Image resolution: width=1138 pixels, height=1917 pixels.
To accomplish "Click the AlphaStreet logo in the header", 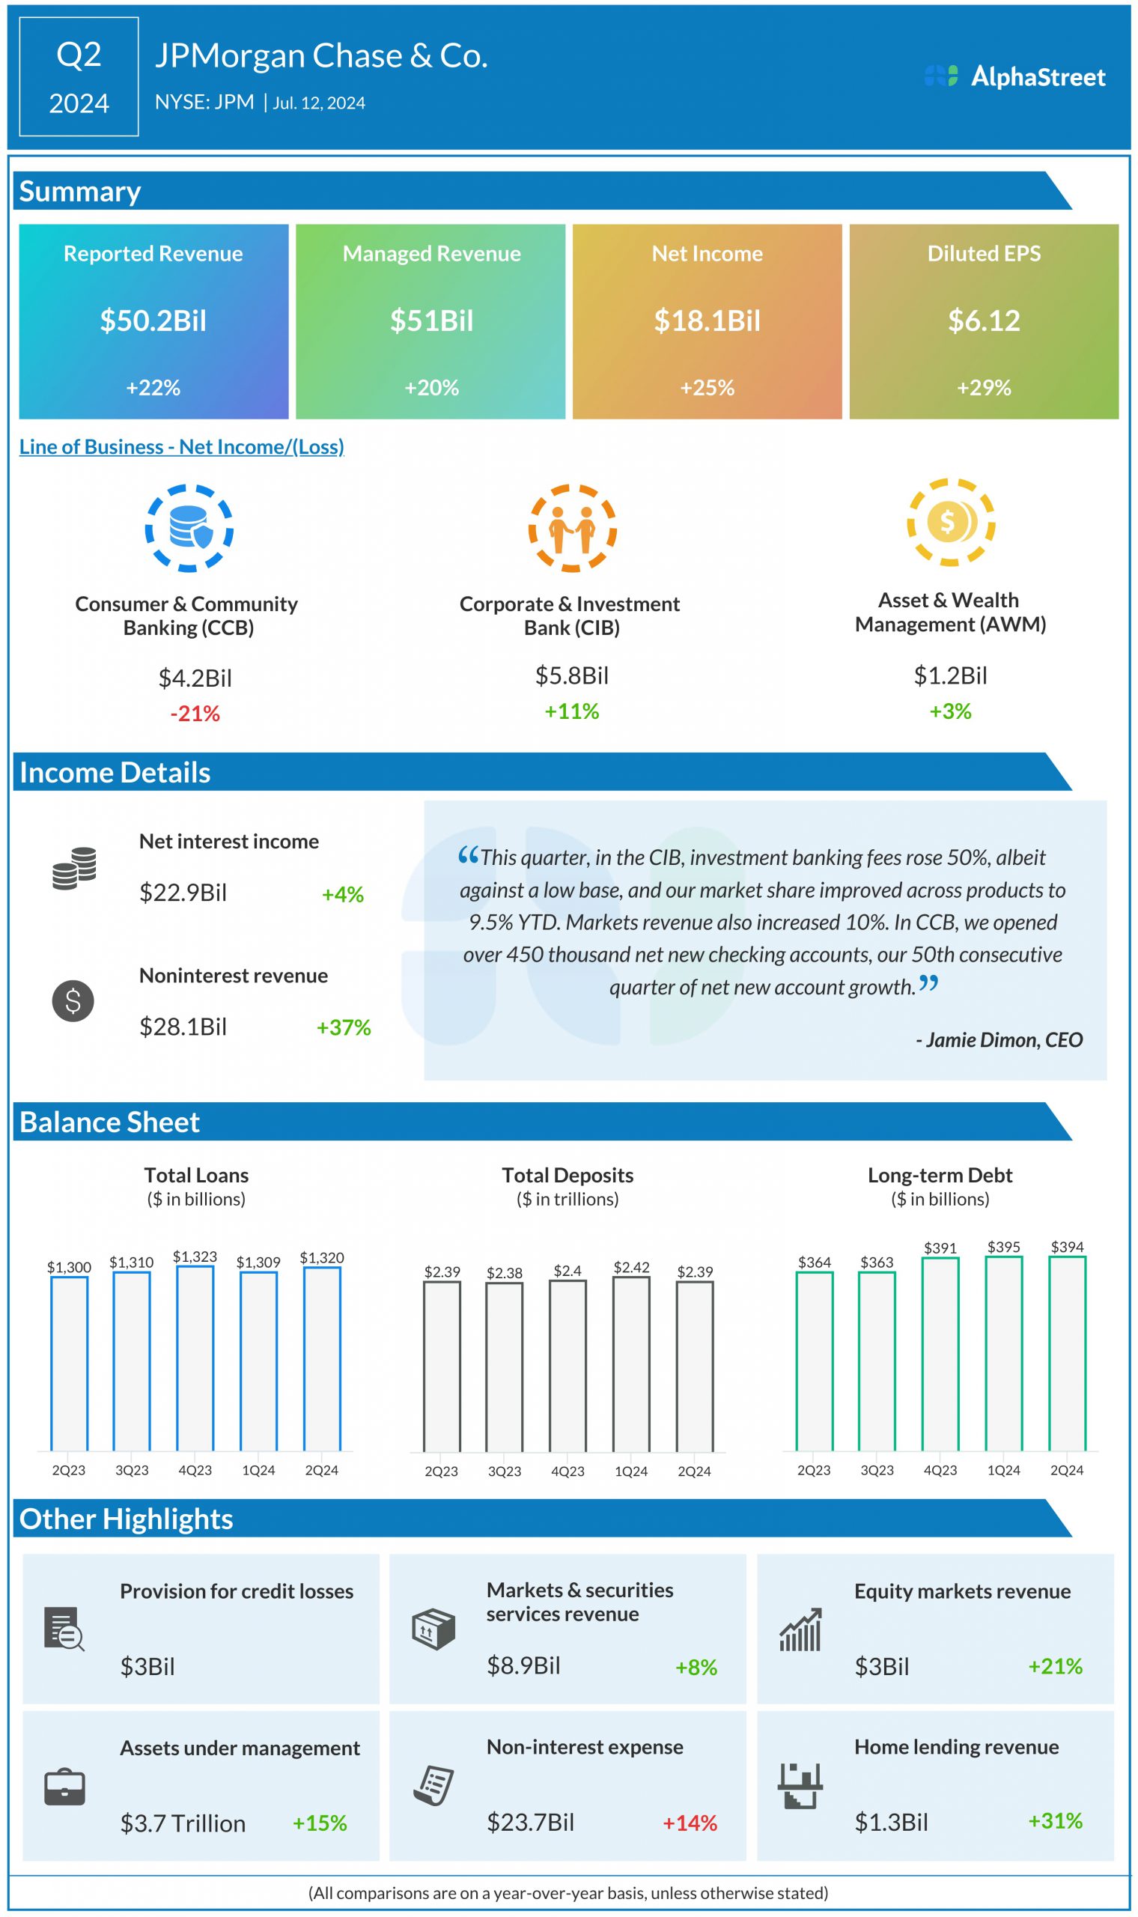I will [1014, 76].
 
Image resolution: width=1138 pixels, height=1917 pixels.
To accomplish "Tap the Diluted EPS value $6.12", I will [983, 320].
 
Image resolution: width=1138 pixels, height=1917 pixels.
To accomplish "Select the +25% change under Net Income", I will [706, 387].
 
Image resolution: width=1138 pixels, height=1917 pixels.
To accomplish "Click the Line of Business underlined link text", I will [182, 446].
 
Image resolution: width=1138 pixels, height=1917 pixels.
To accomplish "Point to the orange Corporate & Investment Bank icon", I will [572, 529].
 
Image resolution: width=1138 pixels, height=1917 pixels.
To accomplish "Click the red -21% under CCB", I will [195, 713].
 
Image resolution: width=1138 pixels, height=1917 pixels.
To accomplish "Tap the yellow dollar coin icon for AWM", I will [950, 522].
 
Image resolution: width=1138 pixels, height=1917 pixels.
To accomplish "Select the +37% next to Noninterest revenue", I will [344, 1027].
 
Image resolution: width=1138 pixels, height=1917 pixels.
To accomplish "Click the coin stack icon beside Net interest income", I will [74, 868].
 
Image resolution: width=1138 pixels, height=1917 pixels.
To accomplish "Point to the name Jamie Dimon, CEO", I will [999, 1040].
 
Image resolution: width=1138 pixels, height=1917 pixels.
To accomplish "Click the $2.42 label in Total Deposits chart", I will [631, 1267].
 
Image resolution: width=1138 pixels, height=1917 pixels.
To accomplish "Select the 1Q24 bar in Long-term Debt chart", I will [1003, 1353].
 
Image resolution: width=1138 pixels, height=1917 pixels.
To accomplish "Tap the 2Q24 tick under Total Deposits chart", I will [694, 1471].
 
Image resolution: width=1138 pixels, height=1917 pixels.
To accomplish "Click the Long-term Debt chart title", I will [940, 1175].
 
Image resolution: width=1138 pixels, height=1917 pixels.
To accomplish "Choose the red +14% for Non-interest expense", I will [690, 1823].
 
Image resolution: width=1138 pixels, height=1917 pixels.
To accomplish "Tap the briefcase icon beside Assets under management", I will [64, 1787].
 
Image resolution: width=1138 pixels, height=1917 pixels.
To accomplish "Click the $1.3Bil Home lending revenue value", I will [891, 1822].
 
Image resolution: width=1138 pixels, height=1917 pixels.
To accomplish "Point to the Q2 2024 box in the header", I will [79, 76].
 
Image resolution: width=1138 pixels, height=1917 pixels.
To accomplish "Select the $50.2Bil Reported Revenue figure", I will [153, 320].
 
